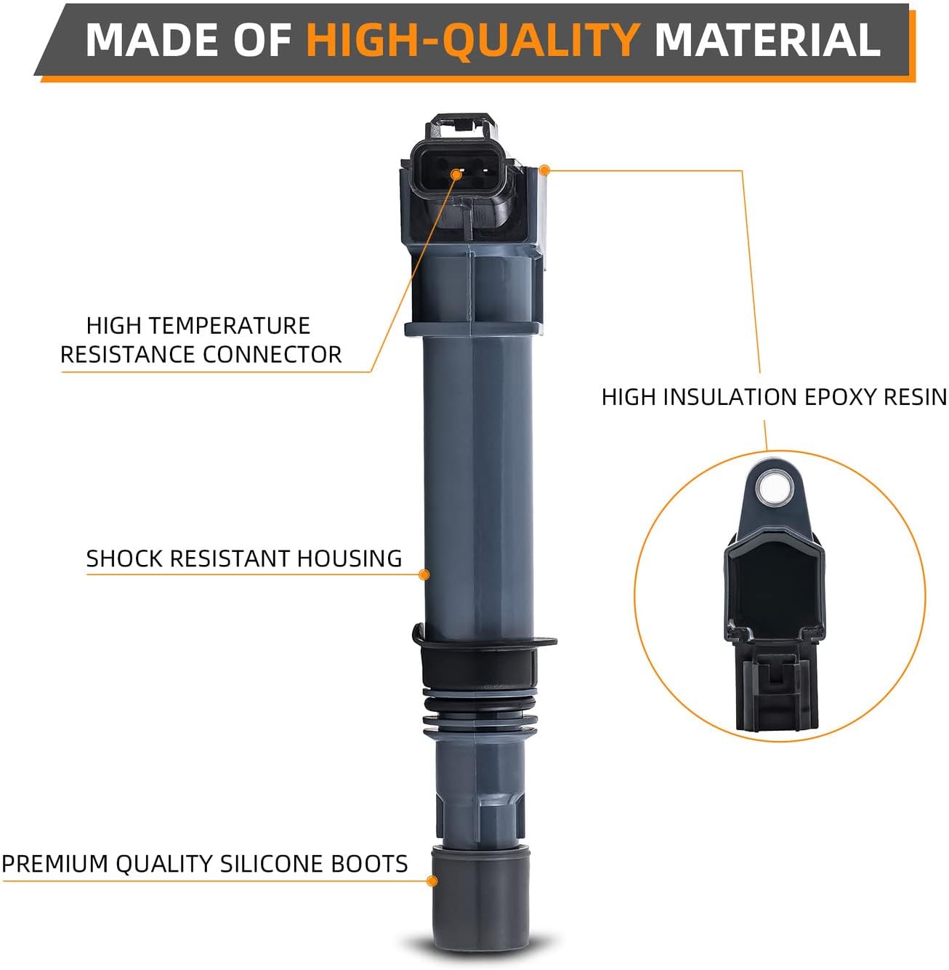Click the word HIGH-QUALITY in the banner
472,40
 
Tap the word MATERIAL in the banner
767,40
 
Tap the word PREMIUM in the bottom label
55,864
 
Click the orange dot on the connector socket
456,174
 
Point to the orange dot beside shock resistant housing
425,574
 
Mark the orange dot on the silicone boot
432,881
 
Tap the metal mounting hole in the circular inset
771,488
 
